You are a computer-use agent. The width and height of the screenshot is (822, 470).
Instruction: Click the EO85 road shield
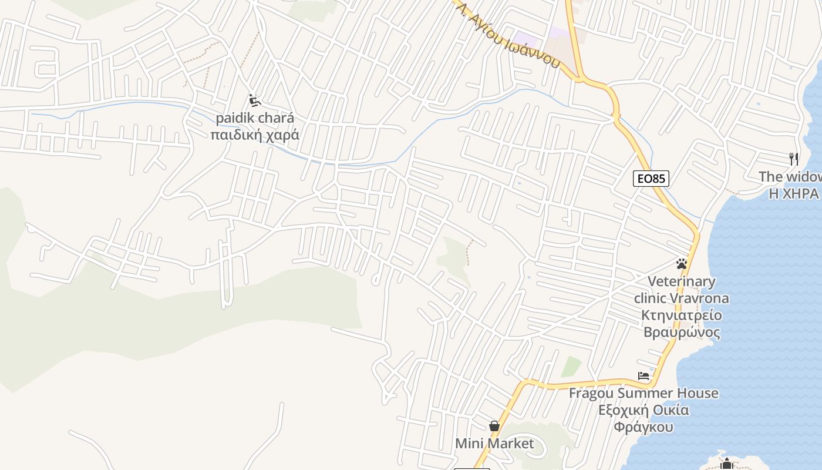[651, 179]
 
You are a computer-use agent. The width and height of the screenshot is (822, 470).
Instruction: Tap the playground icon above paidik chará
[254, 100]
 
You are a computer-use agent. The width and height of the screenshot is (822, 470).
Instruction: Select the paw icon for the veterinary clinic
[681, 264]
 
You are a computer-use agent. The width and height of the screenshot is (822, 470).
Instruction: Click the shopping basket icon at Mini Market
[494, 425]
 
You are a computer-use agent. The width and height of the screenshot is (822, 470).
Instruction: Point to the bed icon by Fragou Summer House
[644, 375]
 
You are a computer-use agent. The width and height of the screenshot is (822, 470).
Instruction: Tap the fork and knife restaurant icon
[793, 159]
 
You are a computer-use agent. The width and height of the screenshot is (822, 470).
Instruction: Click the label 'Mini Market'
[494, 444]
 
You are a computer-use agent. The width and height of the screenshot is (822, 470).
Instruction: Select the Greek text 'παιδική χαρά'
[255, 135]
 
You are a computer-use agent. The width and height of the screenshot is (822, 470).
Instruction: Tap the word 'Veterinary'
[682, 281]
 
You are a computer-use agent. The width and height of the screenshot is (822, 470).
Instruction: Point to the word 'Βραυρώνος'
[682, 332]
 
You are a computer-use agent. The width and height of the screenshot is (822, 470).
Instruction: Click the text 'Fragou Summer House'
[644, 393]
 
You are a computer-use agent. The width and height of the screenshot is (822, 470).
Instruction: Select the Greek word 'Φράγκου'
[644, 427]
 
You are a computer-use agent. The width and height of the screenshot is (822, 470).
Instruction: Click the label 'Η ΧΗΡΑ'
[793, 193]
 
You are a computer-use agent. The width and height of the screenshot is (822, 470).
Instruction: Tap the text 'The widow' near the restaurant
[790, 176]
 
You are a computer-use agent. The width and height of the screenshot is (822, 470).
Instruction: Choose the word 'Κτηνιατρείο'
[682, 315]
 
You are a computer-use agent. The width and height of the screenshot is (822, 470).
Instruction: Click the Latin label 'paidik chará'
[255, 118]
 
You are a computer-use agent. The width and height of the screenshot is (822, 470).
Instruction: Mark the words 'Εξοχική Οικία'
[644, 410]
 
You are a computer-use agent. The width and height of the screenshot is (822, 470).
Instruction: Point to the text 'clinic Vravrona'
[682, 298]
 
